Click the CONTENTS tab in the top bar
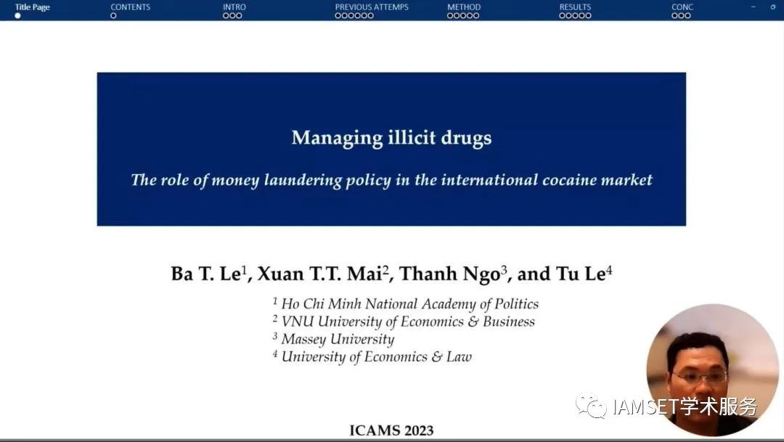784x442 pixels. pyautogui.click(x=130, y=7)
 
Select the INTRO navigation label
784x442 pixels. pyautogui.click(x=234, y=7)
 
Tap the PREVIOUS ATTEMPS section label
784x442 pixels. pyautogui.click(x=372, y=7)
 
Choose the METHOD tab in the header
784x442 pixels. pyautogui.click(x=463, y=7)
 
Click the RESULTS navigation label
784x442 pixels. pyautogui.click(x=575, y=7)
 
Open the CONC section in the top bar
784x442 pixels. pyautogui.click(x=682, y=7)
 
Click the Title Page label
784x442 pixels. pyautogui.click(x=33, y=7)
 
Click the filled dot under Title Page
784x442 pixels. pyautogui.click(x=17, y=16)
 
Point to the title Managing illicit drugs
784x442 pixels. pyautogui.click(x=391, y=138)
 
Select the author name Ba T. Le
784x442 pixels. pyautogui.click(x=205, y=274)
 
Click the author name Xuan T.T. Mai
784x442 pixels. pyautogui.click(x=320, y=274)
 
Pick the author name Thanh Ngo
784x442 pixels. pyautogui.click(x=449, y=274)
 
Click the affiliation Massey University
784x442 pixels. pyautogui.click(x=338, y=339)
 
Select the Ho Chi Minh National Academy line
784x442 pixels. pyautogui.click(x=409, y=304)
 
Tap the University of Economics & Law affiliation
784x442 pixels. pyautogui.click(x=376, y=356)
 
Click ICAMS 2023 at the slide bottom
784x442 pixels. pyautogui.click(x=391, y=430)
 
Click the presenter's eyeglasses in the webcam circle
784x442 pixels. pyautogui.click(x=700, y=377)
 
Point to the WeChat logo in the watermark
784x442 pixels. pyautogui.click(x=590, y=406)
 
